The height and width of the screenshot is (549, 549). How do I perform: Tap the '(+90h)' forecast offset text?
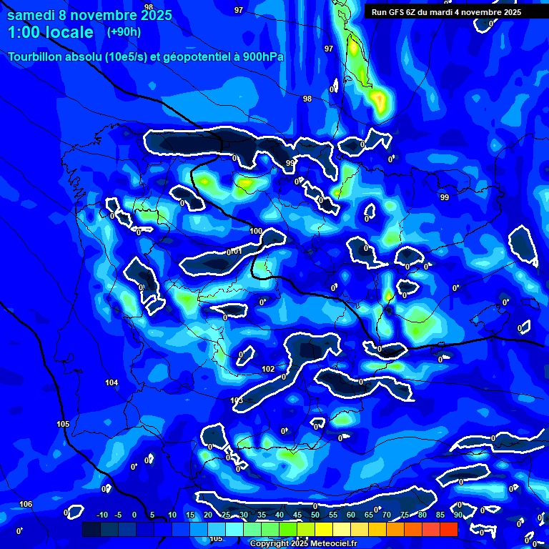[124, 31]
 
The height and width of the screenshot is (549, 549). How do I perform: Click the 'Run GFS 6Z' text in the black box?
[397, 12]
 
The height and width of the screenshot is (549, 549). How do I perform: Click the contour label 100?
[256, 231]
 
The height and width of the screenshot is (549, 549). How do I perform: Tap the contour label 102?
[268, 369]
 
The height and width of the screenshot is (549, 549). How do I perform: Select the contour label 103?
[237, 400]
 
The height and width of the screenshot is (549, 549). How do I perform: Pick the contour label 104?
[112, 383]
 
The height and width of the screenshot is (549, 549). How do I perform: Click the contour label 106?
[26, 505]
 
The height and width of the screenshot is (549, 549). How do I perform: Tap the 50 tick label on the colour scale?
[315, 515]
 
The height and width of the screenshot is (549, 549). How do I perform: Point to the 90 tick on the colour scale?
[457, 515]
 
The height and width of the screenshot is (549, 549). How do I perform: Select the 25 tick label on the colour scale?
[226, 515]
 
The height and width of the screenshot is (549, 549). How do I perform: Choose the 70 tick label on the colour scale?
[387, 515]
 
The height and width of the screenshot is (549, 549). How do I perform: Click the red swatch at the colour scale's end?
[448, 529]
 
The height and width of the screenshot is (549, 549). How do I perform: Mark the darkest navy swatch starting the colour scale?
[91, 529]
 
